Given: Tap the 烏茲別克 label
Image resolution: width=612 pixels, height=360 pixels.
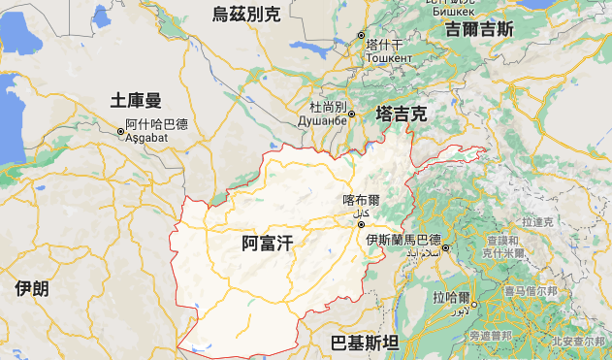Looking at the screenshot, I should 246,13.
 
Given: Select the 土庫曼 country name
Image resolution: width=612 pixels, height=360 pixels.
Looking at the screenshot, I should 136,99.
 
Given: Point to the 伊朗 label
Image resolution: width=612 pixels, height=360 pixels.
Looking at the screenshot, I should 32,288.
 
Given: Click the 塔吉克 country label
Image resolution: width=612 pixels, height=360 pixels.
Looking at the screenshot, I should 402,114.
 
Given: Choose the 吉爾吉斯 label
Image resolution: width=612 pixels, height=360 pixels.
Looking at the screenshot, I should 479,29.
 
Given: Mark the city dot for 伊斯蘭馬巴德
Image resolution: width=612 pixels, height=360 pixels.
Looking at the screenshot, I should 446,247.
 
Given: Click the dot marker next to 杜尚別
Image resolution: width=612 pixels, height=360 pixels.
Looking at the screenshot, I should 352,115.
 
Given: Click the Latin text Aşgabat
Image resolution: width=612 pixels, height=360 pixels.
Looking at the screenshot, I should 146,138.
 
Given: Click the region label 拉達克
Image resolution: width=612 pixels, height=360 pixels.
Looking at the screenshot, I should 535,222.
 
